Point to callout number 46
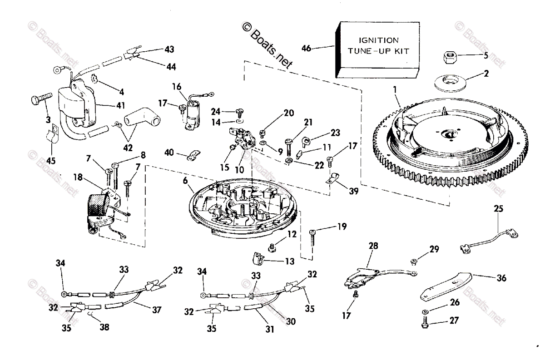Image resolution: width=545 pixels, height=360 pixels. (307, 48)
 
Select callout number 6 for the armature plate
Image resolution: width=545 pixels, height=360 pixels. (185, 180)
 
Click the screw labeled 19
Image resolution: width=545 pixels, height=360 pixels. (313, 237)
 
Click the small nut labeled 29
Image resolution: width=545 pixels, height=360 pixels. (415, 261)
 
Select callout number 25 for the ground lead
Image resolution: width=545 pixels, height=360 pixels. (498, 209)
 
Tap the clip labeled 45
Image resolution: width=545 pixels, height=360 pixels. (51, 136)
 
